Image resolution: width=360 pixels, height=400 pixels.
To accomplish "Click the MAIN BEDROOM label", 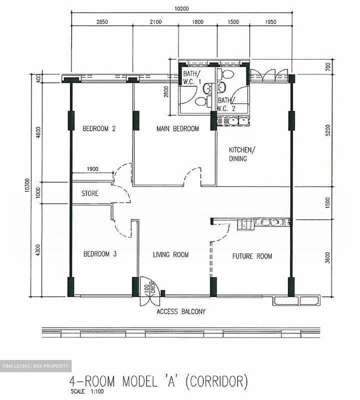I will [x=177, y=129].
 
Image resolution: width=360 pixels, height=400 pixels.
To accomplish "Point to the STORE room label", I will [x=90, y=193].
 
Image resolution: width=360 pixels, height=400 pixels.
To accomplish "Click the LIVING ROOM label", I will [x=171, y=254].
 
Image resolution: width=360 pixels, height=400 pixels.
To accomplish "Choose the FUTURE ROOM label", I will [x=252, y=256].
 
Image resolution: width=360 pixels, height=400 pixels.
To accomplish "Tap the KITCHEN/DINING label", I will [x=240, y=154].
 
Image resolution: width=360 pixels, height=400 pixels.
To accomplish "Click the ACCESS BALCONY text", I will [x=181, y=311].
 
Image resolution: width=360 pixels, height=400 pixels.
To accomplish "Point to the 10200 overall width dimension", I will [x=181, y=9].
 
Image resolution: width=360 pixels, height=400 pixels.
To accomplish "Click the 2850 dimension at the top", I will [x=102, y=22].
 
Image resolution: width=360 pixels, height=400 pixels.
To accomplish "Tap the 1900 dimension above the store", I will [x=92, y=169].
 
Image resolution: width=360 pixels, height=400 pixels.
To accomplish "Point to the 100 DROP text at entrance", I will [x=149, y=290].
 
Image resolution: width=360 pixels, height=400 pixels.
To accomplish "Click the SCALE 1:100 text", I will [x=86, y=392].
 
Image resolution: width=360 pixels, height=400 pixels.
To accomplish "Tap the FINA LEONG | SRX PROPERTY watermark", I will [x=36, y=366].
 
